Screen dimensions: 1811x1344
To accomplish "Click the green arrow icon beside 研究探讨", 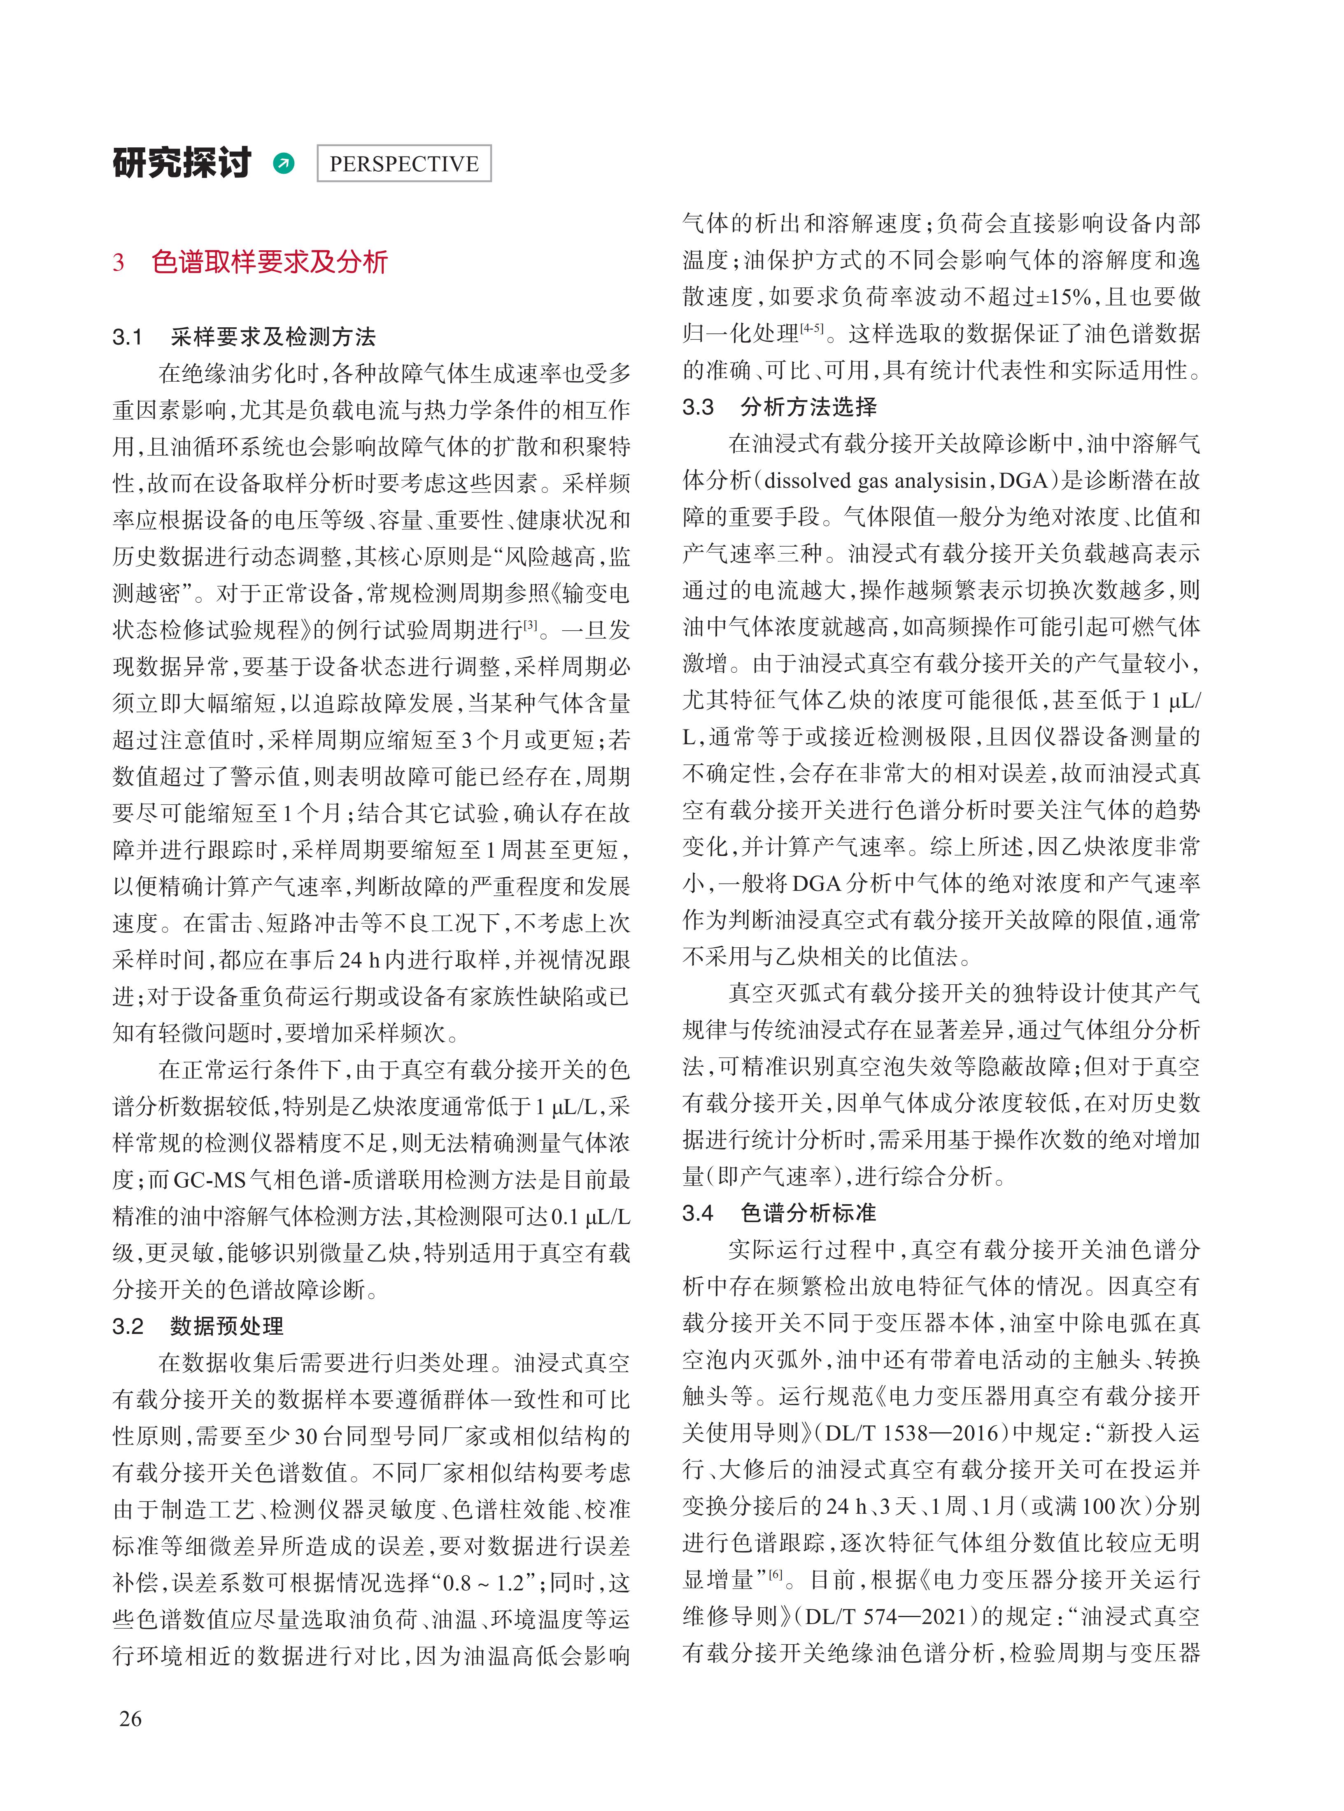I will pyautogui.click(x=284, y=163).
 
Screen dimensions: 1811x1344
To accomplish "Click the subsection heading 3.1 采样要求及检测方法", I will pyautogui.click(x=244, y=337).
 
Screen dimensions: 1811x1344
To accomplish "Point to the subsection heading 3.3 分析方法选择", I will pyautogui.click(x=779, y=407).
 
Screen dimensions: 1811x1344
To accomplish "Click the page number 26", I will pyautogui.click(x=130, y=1718).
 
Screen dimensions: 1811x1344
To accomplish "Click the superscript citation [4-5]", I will pyautogui.click(x=811, y=328).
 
